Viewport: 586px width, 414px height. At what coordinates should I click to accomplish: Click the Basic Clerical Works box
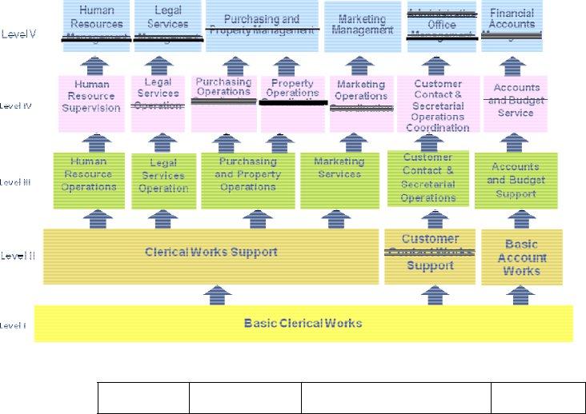pyautogui.click(x=303, y=323)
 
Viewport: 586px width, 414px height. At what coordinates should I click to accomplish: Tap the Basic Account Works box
pyautogui.click(x=521, y=257)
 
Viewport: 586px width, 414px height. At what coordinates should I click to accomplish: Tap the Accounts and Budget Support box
pyautogui.click(x=516, y=180)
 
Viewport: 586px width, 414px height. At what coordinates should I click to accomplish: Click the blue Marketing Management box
pyautogui.click(x=362, y=26)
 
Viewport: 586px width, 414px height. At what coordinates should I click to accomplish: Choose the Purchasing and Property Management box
pyautogui.click(x=261, y=26)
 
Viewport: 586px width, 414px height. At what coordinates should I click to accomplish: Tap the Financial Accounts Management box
pyautogui.click(x=512, y=26)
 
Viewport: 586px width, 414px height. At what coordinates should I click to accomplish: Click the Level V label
pyautogui.click(x=19, y=34)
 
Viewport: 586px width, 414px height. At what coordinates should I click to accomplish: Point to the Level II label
pyautogui.click(x=18, y=256)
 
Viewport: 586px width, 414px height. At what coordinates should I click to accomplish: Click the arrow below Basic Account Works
pyautogui.click(x=521, y=296)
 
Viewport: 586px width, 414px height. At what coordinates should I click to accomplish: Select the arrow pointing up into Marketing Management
pyautogui.click(x=362, y=65)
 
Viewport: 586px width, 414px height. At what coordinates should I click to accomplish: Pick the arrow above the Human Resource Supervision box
pyautogui.click(x=95, y=65)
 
